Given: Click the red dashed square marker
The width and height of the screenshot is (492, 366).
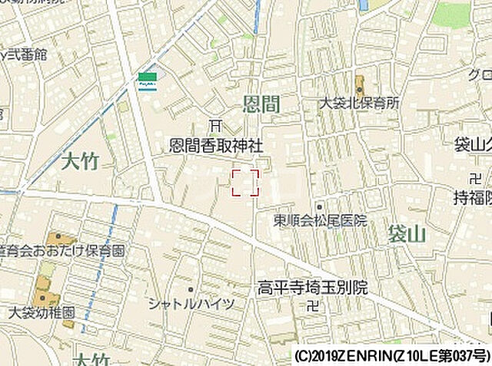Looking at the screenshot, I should tap(245, 183).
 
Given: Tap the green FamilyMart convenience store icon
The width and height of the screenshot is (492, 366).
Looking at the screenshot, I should tap(147, 80).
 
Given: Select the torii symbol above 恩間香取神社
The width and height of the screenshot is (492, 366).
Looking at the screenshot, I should tap(216, 126).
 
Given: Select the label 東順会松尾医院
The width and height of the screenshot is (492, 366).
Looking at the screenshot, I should tap(321, 220).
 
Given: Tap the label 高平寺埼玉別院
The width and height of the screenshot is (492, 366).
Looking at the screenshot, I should tap(312, 289).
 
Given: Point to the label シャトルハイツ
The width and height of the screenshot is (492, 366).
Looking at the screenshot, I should tap(191, 304).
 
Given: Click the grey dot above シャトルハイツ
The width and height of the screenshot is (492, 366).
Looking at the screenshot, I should tap(190, 289).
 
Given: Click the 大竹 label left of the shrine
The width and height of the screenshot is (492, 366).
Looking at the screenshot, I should tap(79, 162).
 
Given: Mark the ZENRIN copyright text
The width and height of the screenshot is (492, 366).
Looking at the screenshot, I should tap(391, 356).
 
